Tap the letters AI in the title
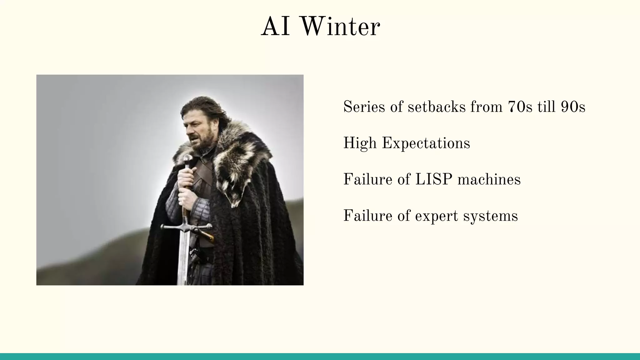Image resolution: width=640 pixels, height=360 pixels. (276, 27)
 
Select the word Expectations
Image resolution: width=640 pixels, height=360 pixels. (426, 144)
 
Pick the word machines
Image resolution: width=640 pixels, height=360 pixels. (489, 180)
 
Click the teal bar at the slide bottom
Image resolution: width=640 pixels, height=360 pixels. (320, 357)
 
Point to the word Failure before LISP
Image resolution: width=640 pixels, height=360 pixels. (367, 180)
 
